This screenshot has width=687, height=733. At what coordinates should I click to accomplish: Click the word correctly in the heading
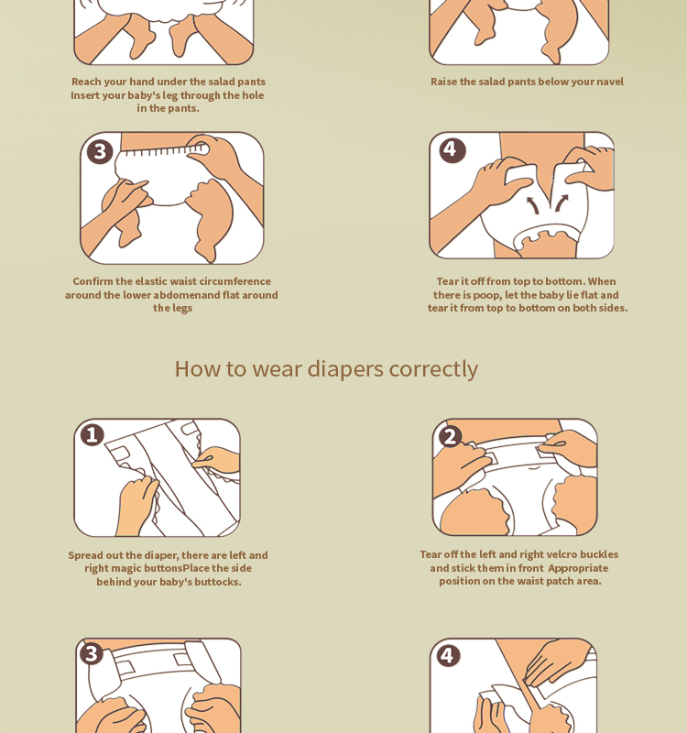[x=433, y=369]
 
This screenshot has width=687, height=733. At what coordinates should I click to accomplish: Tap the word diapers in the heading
[x=345, y=369]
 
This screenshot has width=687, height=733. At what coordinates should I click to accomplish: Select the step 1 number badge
[x=93, y=434]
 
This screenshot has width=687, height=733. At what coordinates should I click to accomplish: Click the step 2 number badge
[x=450, y=437]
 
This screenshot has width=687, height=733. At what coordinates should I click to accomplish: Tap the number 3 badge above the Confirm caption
[x=100, y=151]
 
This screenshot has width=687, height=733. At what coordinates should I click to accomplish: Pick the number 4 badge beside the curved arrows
[x=453, y=150]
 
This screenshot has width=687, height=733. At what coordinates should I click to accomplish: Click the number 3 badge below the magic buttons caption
[x=91, y=653]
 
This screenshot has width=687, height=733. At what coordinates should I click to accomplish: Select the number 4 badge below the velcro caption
[x=448, y=655]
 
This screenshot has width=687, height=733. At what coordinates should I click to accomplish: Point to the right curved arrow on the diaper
[x=561, y=202]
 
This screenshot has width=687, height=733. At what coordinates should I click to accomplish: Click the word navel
[x=610, y=82]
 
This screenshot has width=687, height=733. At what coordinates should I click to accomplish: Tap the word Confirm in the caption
[x=93, y=281]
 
